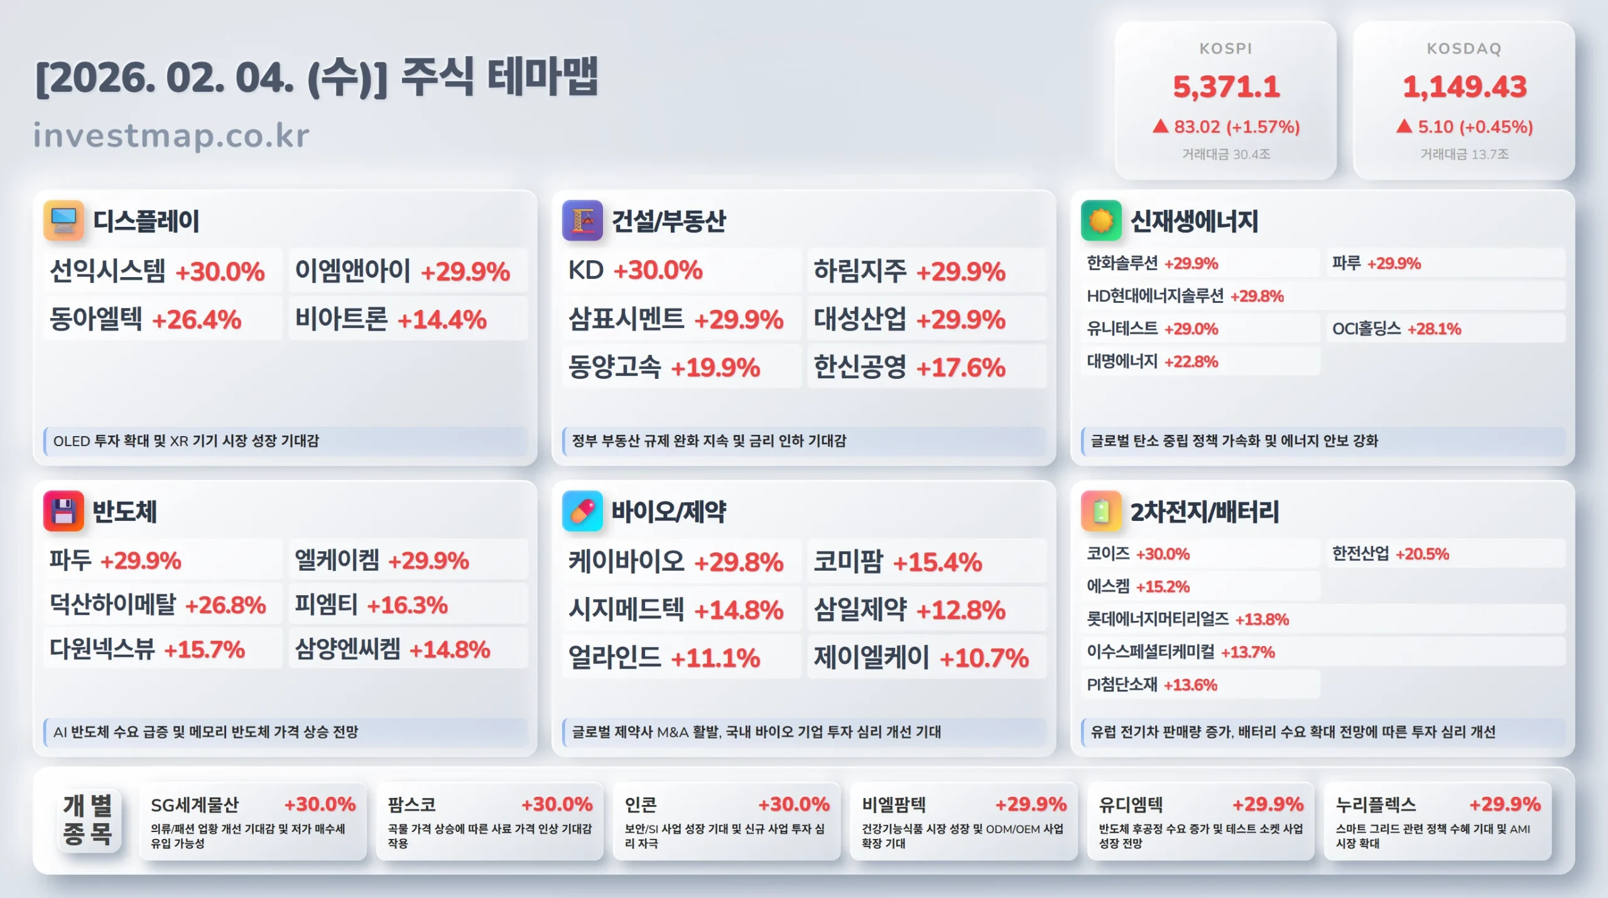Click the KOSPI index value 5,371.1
coord(1225,87)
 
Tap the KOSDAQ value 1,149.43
coord(1464,87)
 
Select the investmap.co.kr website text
coord(171,135)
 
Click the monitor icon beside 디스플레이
coord(63,221)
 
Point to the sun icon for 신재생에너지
coord(1100,221)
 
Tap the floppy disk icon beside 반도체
coord(63,511)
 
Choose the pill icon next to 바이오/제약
coord(582,511)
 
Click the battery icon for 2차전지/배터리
coord(1100,511)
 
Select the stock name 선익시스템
coord(107,271)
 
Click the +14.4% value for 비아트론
coord(442,320)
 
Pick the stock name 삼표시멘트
coord(626,319)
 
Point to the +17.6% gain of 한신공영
coord(961,368)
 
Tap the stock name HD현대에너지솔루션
coord(1155,296)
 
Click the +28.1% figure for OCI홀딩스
coord(1434,329)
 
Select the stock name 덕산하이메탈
coord(113,605)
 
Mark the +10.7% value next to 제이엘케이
coord(984,658)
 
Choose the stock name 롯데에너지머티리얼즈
coord(1158,619)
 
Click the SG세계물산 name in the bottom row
coord(195,804)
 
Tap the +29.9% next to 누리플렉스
coord(1504,804)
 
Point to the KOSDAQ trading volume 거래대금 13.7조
coord(1464,154)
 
